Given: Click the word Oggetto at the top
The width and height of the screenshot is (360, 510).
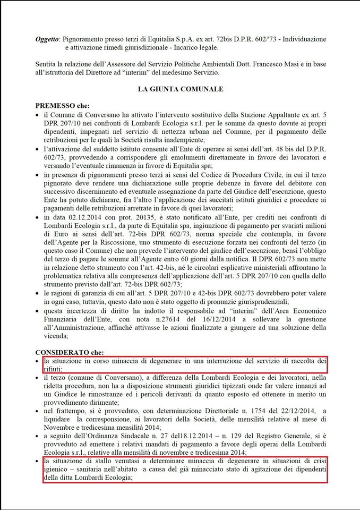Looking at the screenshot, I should tap(47, 39).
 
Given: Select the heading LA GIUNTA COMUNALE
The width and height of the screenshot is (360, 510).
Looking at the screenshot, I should tap(180, 89).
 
